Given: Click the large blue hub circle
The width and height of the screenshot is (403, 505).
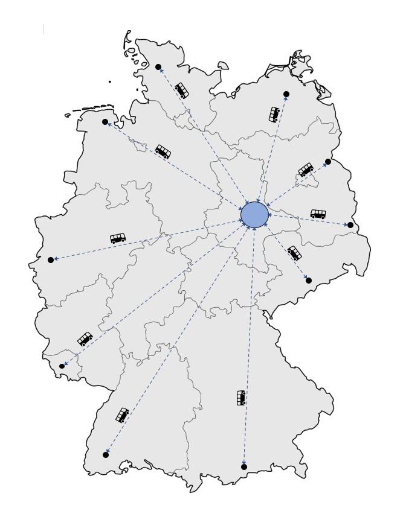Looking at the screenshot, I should (x=254, y=214).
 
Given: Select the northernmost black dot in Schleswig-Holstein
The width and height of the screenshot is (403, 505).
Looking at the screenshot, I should (x=158, y=67).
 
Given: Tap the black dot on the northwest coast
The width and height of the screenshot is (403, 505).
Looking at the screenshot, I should (x=105, y=122).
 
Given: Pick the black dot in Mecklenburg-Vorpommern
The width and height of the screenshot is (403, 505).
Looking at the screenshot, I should (x=286, y=94).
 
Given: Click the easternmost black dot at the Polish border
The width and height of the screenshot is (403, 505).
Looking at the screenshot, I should (x=350, y=225).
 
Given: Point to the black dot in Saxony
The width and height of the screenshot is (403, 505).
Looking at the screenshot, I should (x=309, y=281).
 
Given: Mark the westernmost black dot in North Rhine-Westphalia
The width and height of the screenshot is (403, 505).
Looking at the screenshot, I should (x=51, y=260).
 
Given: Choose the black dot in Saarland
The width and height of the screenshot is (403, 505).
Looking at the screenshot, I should (x=62, y=366).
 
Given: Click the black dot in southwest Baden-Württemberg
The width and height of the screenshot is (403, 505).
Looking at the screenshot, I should (x=106, y=455).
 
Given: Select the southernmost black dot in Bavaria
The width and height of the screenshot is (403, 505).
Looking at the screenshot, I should (x=244, y=467).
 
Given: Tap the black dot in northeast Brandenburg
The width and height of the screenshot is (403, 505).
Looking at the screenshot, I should (x=328, y=162).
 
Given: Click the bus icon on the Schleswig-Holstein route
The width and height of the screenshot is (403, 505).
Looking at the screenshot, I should (x=181, y=91).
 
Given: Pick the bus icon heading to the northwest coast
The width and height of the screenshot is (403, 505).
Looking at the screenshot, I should (x=163, y=151).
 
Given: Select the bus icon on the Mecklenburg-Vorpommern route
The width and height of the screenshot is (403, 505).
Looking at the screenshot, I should (x=274, y=114).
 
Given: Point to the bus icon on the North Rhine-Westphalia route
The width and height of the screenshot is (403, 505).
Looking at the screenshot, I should (x=118, y=238).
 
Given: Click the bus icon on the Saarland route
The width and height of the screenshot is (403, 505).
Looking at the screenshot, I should (x=85, y=338).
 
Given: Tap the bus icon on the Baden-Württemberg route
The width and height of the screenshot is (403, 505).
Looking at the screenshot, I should (x=123, y=415).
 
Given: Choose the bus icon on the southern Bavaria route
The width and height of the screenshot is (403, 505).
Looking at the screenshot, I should (x=241, y=398).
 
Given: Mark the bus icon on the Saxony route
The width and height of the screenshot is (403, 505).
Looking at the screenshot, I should (x=294, y=253).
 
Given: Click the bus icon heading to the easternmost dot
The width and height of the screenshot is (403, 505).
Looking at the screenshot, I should (x=318, y=214).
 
